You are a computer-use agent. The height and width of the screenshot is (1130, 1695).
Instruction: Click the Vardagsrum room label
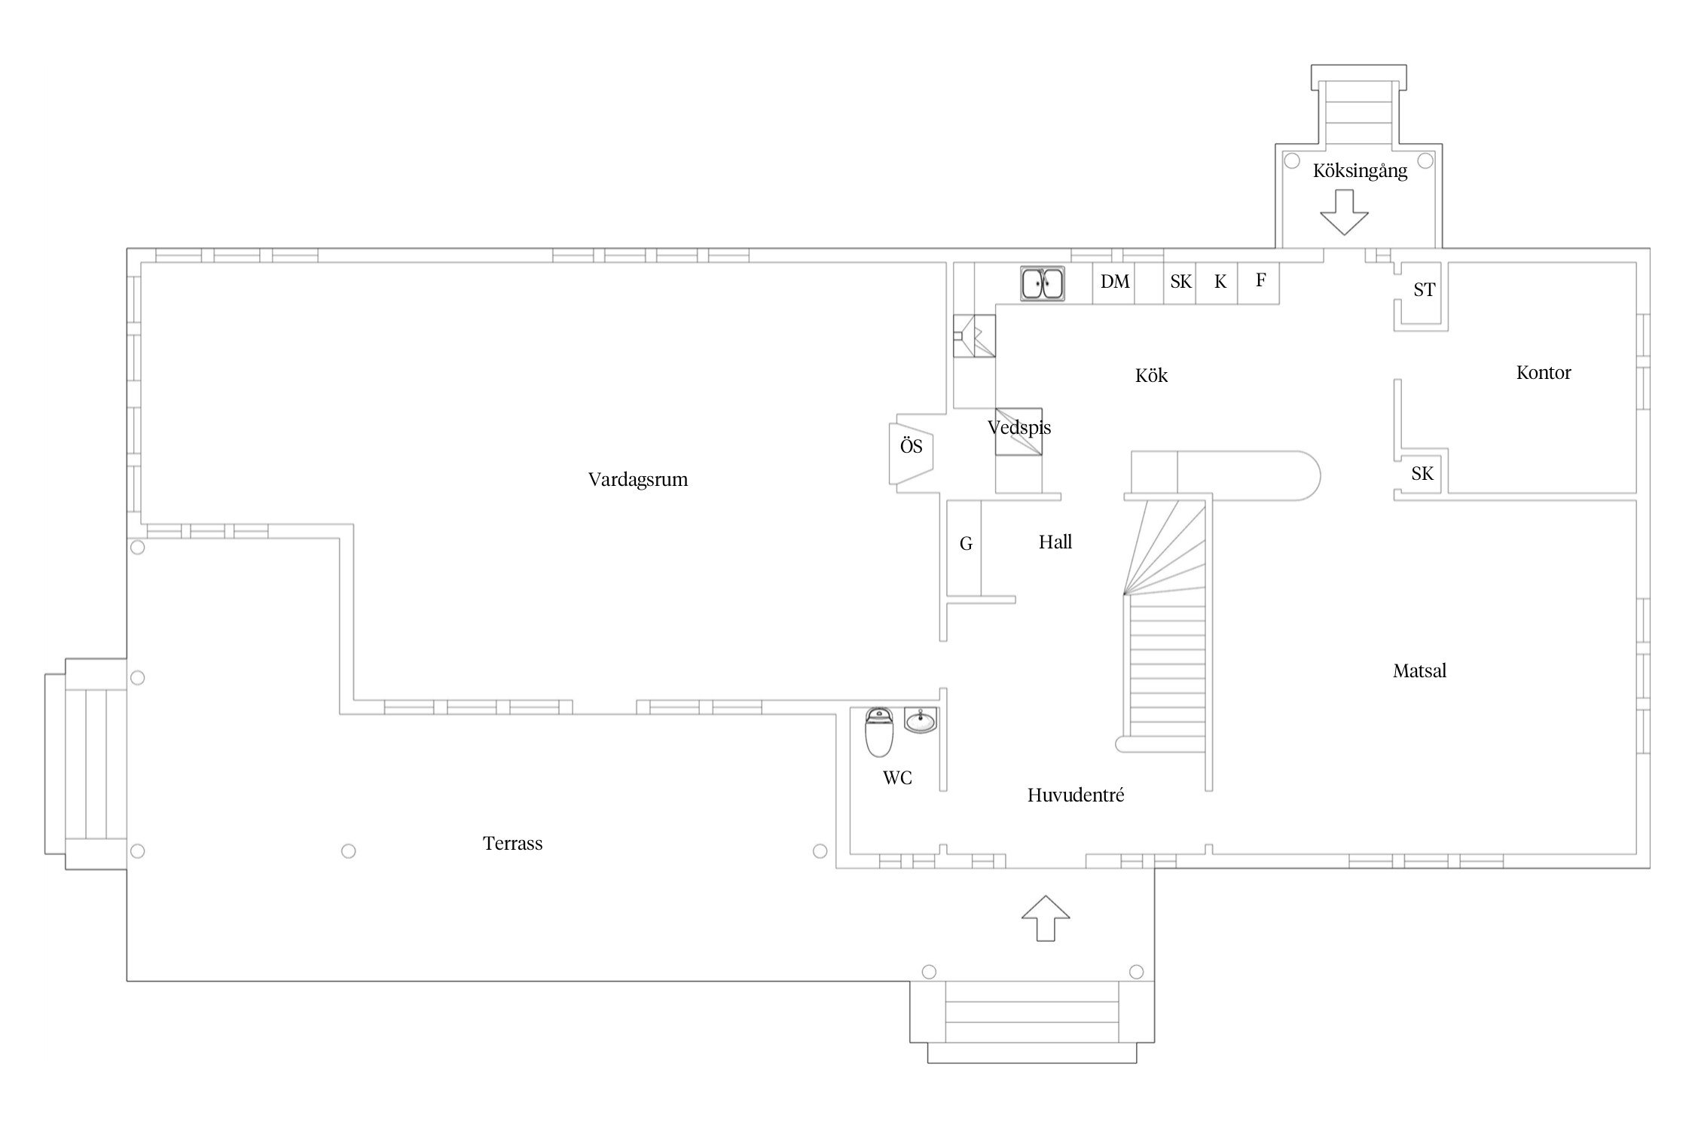pyautogui.click(x=638, y=480)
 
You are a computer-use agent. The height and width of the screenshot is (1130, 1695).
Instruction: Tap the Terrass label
pyautogui.click(x=512, y=843)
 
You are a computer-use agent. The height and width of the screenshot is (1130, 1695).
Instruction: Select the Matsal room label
pyautogui.click(x=1419, y=670)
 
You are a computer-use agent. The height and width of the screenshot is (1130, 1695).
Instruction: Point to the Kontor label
pyautogui.click(x=1544, y=372)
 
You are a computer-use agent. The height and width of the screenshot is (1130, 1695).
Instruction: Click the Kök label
pyautogui.click(x=1151, y=375)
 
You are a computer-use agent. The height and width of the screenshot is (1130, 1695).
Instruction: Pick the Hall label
pyautogui.click(x=1055, y=542)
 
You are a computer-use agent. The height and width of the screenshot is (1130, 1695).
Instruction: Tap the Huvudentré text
pyautogui.click(x=1076, y=795)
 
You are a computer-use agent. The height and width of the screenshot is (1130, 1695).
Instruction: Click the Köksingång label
pyautogui.click(x=1360, y=171)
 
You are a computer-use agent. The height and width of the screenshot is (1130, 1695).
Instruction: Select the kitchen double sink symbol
pyautogui.click(x=1043, y=284)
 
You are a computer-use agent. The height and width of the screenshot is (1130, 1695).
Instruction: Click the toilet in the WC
pyautogui.click(x=878, y=732)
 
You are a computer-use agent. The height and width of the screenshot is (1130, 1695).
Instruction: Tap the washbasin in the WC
pyautogui.click(x=921, y=721)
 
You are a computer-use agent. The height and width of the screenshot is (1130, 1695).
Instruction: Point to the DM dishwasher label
pyautogui.click(x=1115, y=282)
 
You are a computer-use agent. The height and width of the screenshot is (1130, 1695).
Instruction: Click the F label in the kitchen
pyautogui.click(x=1260, y=280)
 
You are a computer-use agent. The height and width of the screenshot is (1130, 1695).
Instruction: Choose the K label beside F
pyautogui.click(x=1220, y=282)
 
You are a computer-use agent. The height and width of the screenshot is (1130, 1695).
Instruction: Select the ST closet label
pyautogui.click(x=1424, y=290)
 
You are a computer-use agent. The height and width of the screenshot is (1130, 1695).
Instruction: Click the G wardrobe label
pyautogui.click(x=966, y=544)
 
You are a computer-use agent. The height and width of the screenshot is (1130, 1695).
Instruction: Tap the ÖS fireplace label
pyautogui.click(x=911, y=446)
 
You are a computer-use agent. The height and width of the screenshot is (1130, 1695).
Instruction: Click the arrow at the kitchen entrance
pyautogui.click(x=1344, y=212)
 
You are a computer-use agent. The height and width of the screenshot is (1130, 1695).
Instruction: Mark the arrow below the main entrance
pyautogui.click(x=1046, y=918)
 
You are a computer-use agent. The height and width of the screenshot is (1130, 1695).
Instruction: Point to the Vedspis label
pyautogui.click(x=1019, y=428)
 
